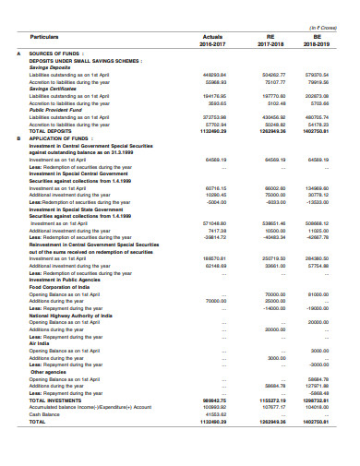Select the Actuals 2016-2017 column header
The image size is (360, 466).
point(212,39)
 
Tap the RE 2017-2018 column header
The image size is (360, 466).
point(274,39)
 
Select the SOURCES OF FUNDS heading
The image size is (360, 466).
point(52,54)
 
